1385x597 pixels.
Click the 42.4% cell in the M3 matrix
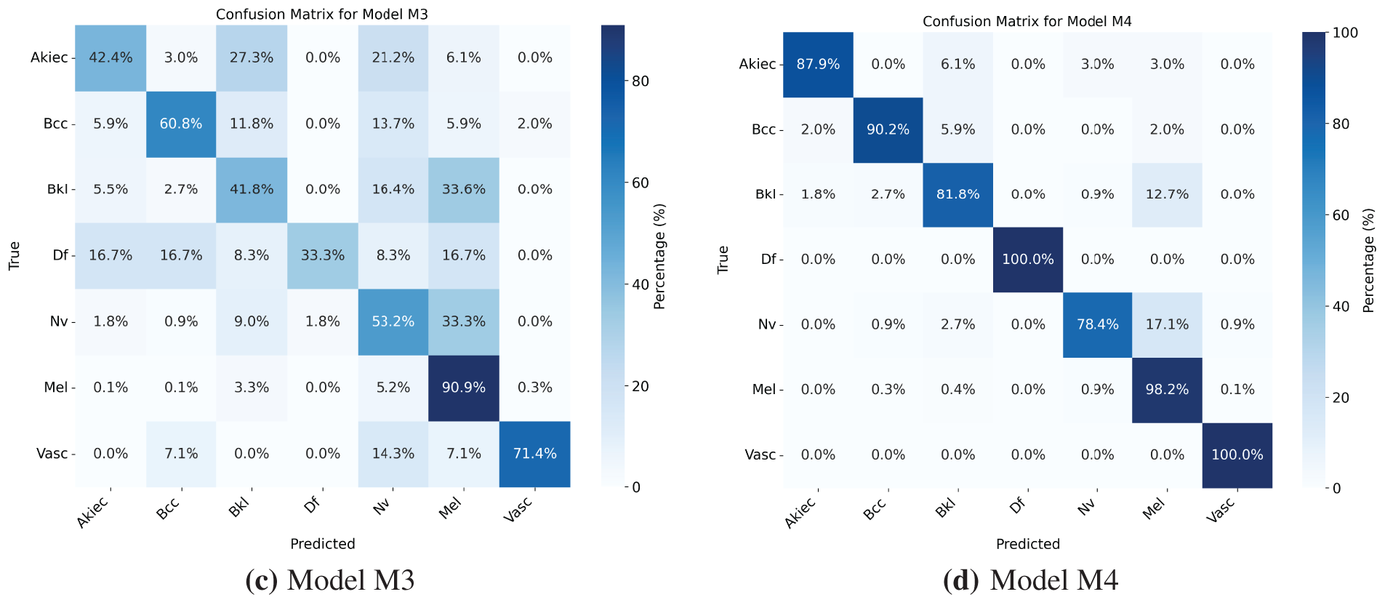[x=111, y=57]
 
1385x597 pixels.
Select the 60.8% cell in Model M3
[x=181, y=124]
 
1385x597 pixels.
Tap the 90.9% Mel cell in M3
[x=464, y=388]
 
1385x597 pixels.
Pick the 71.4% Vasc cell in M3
[x=534, y=454]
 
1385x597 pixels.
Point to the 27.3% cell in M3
[x=252, y=57]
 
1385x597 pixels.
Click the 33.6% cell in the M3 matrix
[x=464, y=190]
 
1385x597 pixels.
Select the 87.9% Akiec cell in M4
[x=818, y=64]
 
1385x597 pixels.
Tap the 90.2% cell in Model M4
[x=888, y=129]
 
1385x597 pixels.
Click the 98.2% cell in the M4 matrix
[x=1167, y=390]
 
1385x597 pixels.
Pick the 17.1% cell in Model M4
[x=1167, y=324]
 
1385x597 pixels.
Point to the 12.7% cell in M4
[x=1167, y=194]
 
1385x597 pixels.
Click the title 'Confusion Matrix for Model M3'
[x=322, y=15]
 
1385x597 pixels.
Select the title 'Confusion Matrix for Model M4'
[x=1027, y=22]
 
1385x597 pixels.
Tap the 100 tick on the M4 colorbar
[x=1345, y=33]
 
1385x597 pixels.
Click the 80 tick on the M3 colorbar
[x=641, y=81]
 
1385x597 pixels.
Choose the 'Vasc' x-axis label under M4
[x=1222, y=510]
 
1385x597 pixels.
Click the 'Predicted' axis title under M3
[x=322, y=544]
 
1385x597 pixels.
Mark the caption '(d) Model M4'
[x=1029, y=580]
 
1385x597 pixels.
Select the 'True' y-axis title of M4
[x=723, y=260]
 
